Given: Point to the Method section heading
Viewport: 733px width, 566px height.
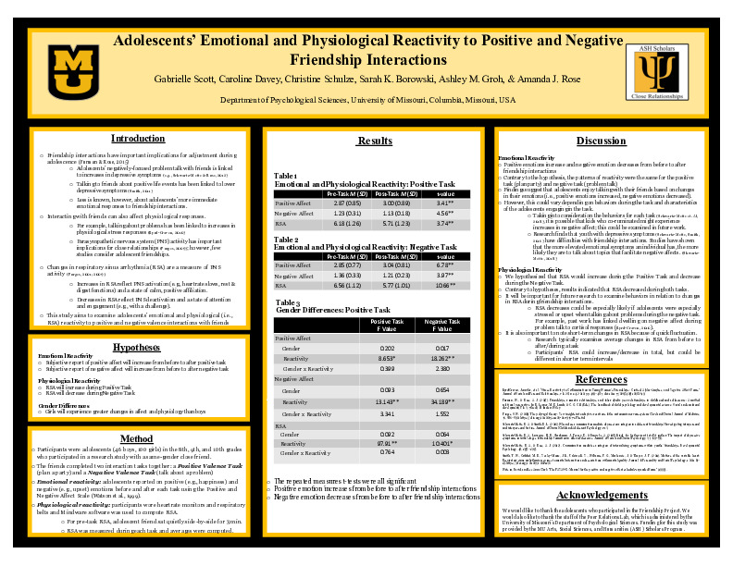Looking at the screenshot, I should click(137, 438).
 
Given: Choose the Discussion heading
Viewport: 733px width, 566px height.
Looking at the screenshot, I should click(601, 141).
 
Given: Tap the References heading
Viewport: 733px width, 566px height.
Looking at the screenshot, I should click(601, 379).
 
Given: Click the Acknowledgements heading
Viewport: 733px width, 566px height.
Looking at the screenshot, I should click(601, 495).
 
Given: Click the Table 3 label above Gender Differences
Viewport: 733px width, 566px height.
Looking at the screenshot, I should click(287, 302).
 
